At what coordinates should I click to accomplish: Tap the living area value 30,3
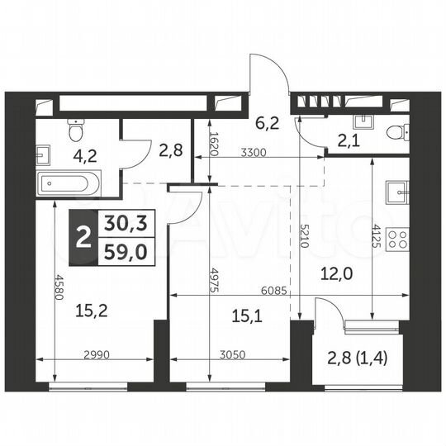(121, 223)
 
